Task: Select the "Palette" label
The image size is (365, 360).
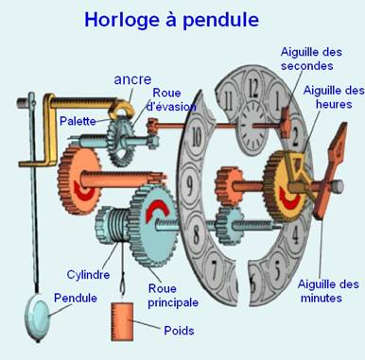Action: point(78,123)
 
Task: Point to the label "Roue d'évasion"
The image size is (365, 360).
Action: point(172,99)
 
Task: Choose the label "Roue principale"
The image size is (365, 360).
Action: point(173,295)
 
